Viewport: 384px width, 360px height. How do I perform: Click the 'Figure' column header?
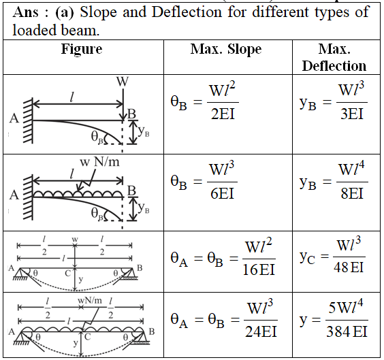pyautogui.click(x=82, y=49)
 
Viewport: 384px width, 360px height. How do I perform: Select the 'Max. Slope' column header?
pyautogui.click(x=226, y=49)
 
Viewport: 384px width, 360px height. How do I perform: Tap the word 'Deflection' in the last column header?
pyautogui.click(x=334, y=66)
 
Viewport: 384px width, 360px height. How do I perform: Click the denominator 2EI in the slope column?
pyautogui.click(x=223, y=114)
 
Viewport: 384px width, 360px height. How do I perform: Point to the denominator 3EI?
pyautogui.click(x=352, y=114)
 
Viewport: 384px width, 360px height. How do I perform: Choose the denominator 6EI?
pyautogui.click(x=223, y=193)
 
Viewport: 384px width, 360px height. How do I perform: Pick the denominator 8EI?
pyautogui.click(x=352, y=193)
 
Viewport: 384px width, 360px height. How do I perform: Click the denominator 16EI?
pyautogui.click(x=259, y=269)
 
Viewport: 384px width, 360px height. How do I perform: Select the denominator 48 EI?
pyautogui.click(x=349, y=267)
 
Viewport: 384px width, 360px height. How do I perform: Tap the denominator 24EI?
pyautogui.click(x=261, y=332)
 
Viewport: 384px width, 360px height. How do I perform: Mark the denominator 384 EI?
pyautogui.click(x=347, y=332)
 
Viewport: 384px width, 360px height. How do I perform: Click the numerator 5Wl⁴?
pyautogui.click(x=346, y=307)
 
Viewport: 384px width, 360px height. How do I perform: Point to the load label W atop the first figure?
pyautogui.click(x=123, y=82)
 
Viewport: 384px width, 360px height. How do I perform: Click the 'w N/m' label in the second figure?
pyautogui.click(x=99, y=162)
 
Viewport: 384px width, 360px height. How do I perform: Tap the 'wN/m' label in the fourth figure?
pyautogui.click(x=90, y=300)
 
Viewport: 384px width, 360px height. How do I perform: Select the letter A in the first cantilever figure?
pyautogui.click(x=14, y=118)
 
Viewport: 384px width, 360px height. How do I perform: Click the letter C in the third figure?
pyautogui.click(x=68, y=273)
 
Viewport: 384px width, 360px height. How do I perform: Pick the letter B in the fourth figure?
pyautogui.click(x=152, y=331)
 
